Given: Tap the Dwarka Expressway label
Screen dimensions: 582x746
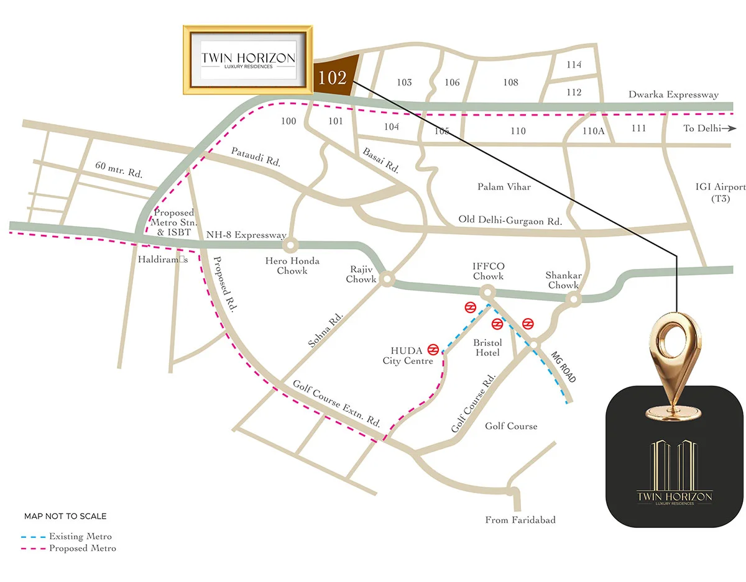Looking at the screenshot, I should (x=673, y=95).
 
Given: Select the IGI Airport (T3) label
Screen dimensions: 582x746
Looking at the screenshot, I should (x=721, y=193).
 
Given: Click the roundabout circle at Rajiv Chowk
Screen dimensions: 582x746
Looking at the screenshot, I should (x=387, y=281).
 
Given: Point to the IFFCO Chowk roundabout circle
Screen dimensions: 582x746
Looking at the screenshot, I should (x=487, y=291).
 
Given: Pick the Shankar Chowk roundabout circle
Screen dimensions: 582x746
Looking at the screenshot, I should (x=573, y=300).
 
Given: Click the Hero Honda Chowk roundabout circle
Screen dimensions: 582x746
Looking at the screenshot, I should (x=291, y=245).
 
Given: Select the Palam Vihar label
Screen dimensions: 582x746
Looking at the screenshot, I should (x=504, y=186).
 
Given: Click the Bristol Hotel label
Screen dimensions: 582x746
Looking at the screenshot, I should (x=487, y=348).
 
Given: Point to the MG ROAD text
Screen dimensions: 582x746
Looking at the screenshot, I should (x=564, y=367).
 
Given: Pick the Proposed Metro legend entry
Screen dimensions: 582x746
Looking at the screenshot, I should (x=68, y=548).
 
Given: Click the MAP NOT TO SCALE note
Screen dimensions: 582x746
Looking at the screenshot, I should (x=65, y=516).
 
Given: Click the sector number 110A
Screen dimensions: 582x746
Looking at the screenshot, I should (x=594, y=131).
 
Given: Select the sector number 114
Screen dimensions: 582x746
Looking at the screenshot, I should (x=574, y=65).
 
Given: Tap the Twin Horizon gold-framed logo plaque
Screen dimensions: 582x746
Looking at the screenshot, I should (x=248, y=60).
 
